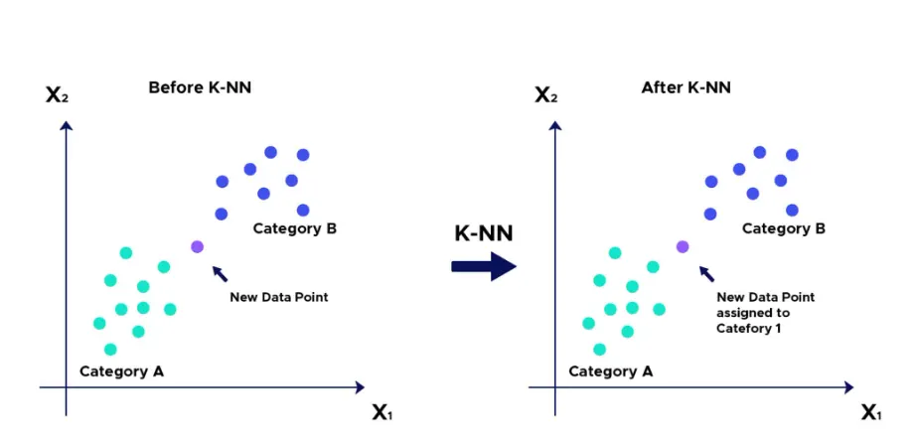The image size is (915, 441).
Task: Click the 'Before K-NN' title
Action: (x=200, y=88)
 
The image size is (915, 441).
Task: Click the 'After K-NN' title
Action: (x=686, y=88)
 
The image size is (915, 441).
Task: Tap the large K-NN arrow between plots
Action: (x=484, y=266)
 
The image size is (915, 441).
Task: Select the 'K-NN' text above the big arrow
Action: (x=484, y=233)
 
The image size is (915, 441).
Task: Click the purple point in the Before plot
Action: (x=198, y=246)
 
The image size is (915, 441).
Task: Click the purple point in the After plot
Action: (x=683, y=246)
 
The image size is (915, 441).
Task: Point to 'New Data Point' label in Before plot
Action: (x=279, y=298)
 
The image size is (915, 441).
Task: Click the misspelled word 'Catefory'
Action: (x=743, y=329)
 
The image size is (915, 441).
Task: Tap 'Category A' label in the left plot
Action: (x=121, y=371)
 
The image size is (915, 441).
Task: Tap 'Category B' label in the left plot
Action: (x=295, y=228)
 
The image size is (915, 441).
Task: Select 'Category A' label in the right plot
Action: (x=610, y=371)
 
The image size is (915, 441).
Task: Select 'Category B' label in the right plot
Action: (x=784, y=228)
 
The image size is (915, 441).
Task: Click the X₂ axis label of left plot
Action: (x=58, y=95)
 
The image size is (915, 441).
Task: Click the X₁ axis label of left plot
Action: (x=382, y=413)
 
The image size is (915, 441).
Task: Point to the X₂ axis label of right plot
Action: (x=546, y=95)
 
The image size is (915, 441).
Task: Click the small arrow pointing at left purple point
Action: (x=220, y=273)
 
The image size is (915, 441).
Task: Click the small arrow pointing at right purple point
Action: (x=706, y=273)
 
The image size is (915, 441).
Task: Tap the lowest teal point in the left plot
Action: (x=110, y=350)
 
